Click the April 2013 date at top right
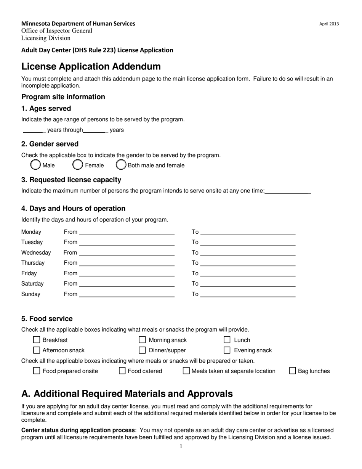[x=329, y=24]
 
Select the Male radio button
[x=35, y=165]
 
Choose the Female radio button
[x=78, y=165]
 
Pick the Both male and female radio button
[x=121, y=165]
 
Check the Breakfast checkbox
[x=37, y=340]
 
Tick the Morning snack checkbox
[x=142, y=340]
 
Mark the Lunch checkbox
[x=227, y=340]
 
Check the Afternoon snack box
[x=37, y=350]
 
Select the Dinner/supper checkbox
[x=142, y=350]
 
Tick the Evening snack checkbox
[x=227, y=350]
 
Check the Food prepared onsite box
[x=37, y=371]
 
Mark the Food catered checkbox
[x=122, y=371]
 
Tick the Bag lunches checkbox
[x=293, y=371]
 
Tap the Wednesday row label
[x=36, y=252]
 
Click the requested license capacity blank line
[x=287, y=191]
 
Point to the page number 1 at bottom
[x=181, y=446]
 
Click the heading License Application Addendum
[x=91, y=66]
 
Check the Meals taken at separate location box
[x=186, y=371]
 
